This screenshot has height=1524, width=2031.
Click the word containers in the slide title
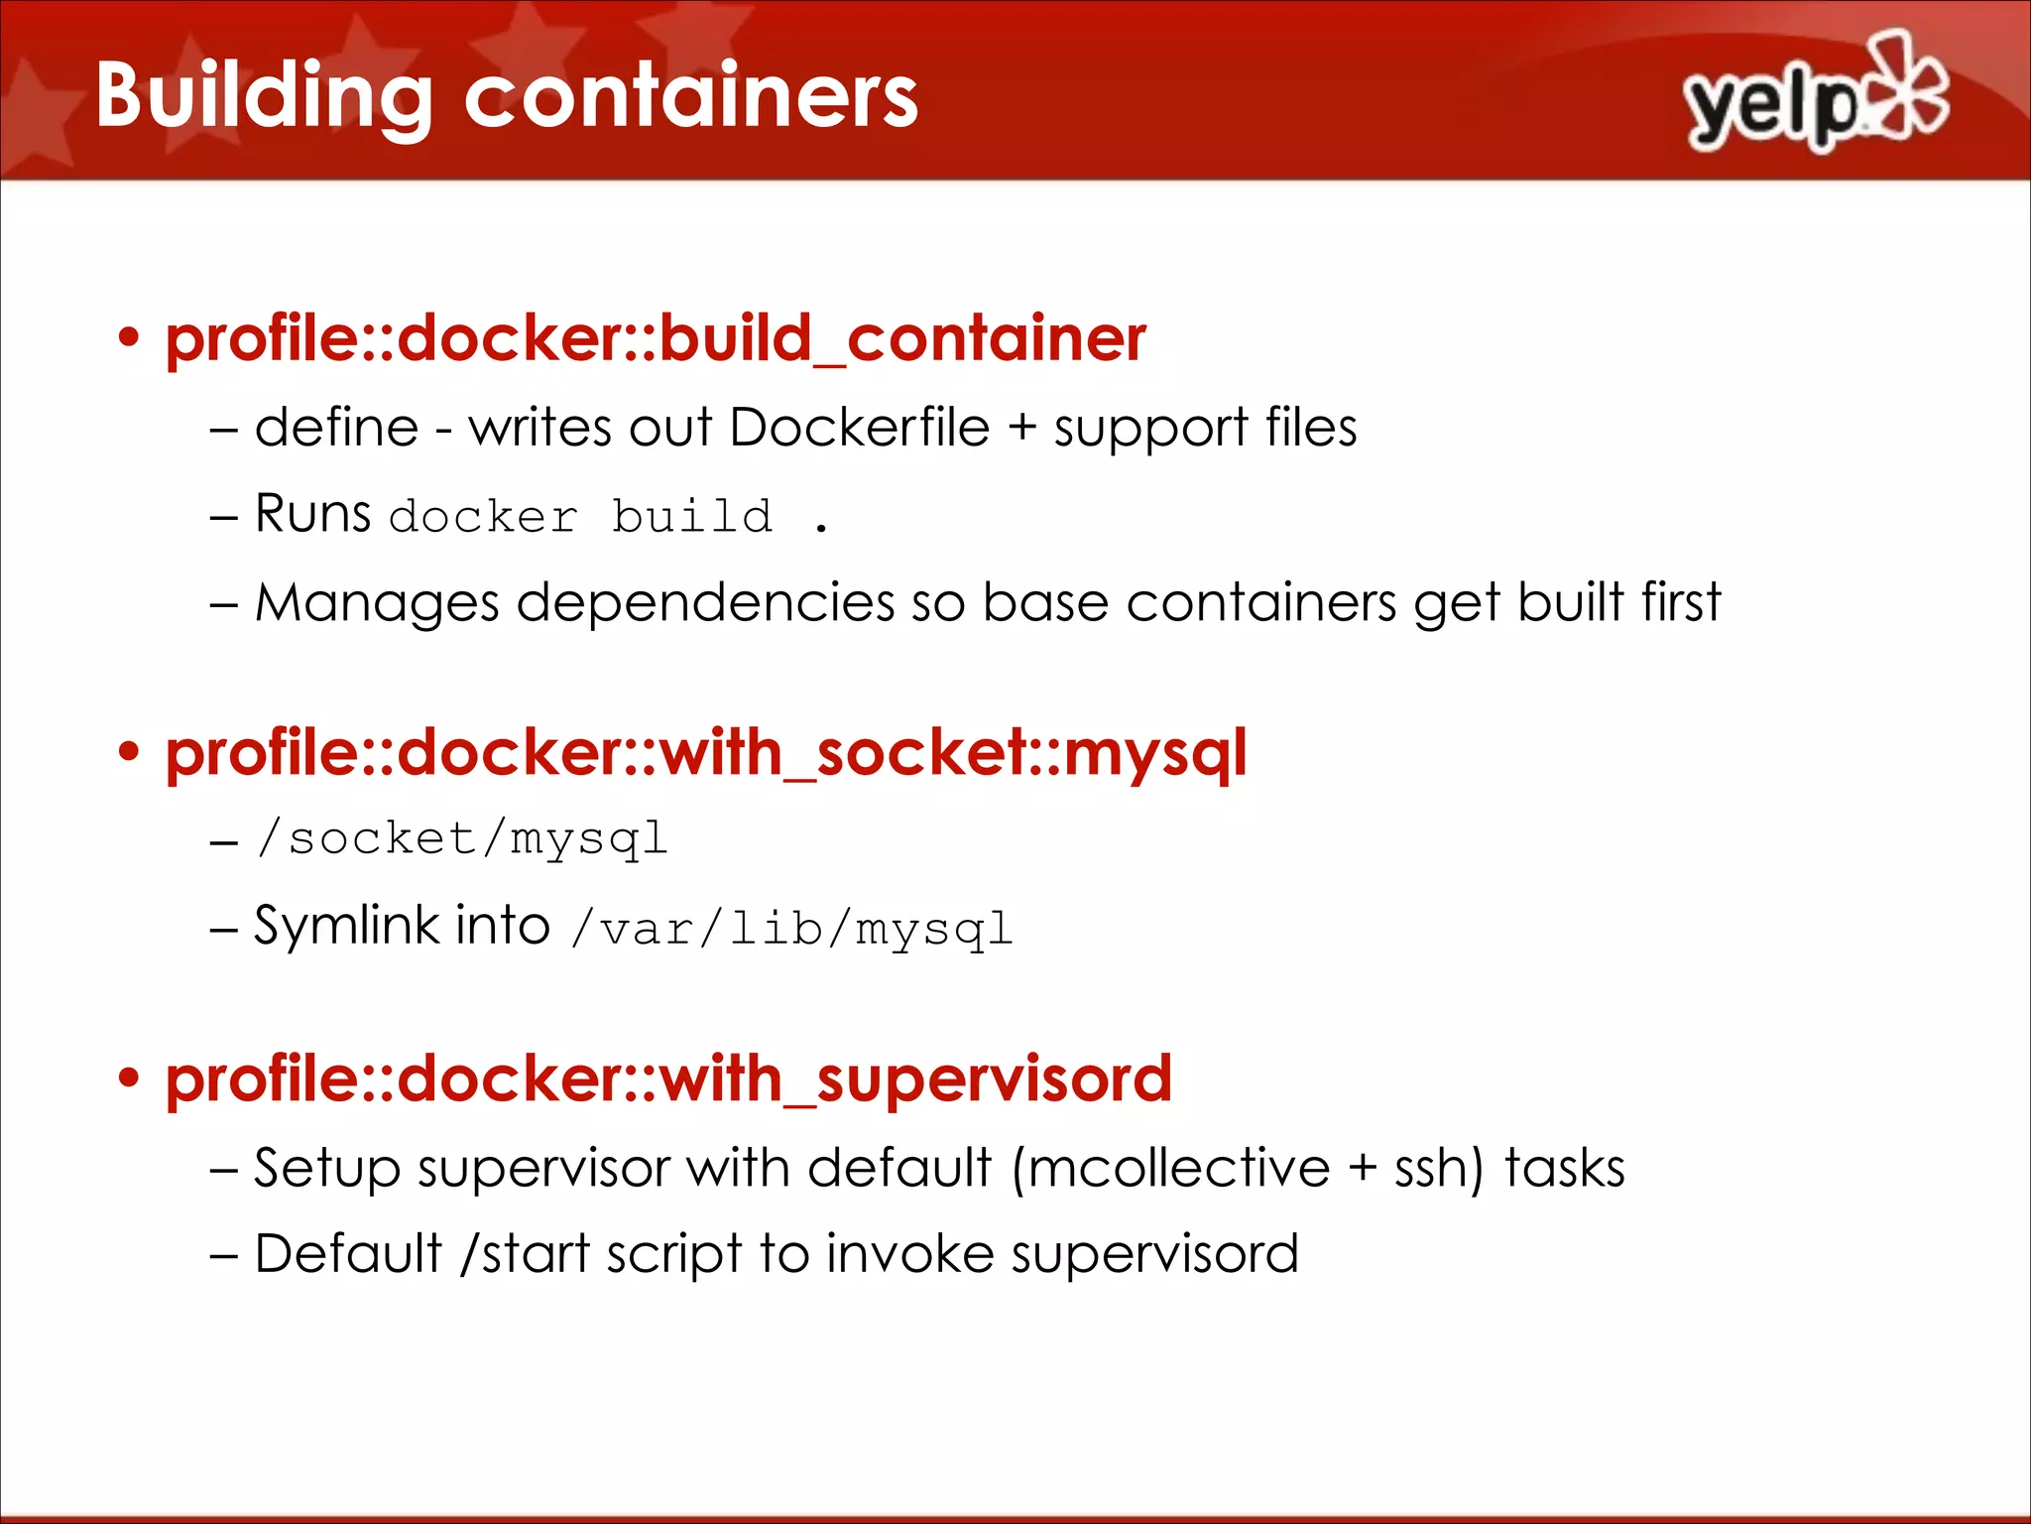(x=691, y=96)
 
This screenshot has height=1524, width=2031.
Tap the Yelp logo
(x=1815, y=94)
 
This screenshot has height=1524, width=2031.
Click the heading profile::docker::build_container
(x=656, y=338)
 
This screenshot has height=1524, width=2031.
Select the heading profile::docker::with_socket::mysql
(x=705, y=752)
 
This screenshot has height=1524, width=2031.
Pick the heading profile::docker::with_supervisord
(x=668, y=1079)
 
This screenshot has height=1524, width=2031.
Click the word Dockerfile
(x=859, y=429)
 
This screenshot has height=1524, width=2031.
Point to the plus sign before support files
(x=1021, y=430)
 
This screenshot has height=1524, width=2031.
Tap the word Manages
(x=377, y=603)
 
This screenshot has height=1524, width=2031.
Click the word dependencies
(x=705, y=603)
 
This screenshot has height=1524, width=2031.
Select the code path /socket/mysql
(x=461, y=839)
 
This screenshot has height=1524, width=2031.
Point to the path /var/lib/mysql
(x=791, y=930)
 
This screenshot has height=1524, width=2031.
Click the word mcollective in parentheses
(x=1170, y=1168)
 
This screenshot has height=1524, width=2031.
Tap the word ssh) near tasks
(x=1439, y=1168)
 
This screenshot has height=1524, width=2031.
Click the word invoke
(x=909, y=1254)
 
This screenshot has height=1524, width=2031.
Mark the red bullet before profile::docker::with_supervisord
(x=129, y=1079)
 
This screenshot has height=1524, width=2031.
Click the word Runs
(x=312, y=514)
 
